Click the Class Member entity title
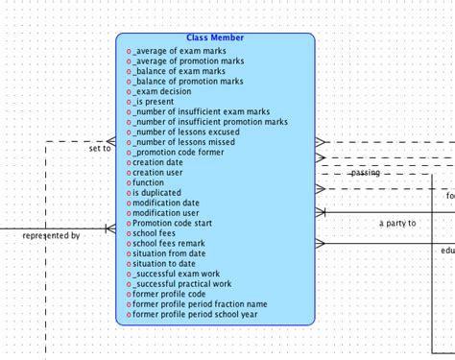coord(215,38)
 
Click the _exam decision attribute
coord(165,91)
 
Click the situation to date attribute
coord(164,264)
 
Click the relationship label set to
coord(100,149)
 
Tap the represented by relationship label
coord(51,235)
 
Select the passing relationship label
coord(365,174)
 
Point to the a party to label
coord(397,223)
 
